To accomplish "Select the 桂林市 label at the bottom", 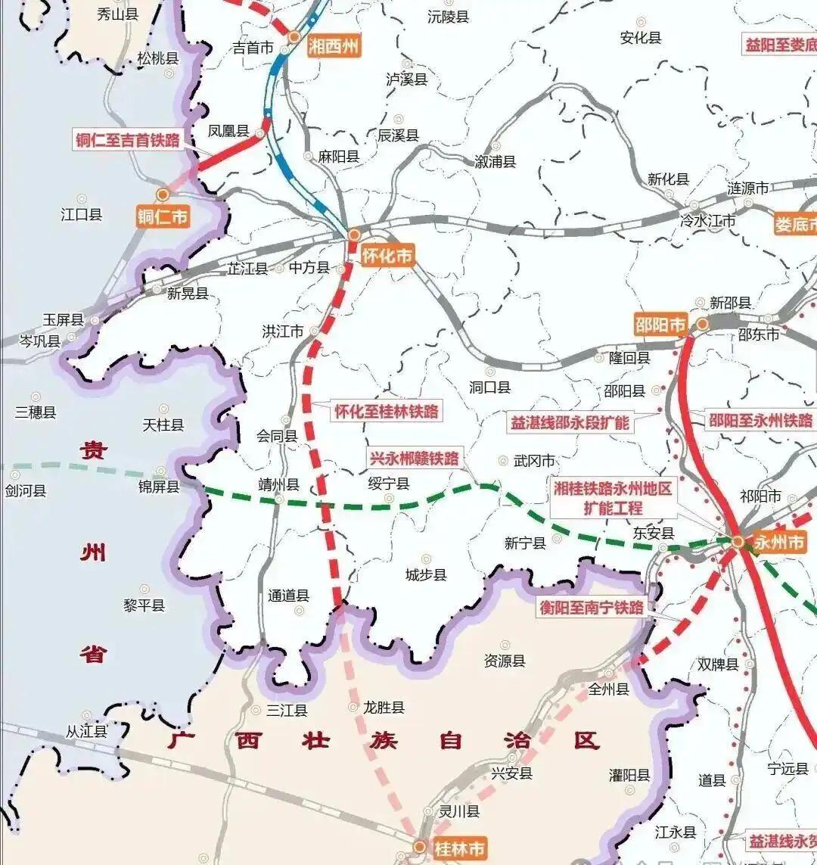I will click(459, 848).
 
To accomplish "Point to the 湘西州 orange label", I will click(334, 45).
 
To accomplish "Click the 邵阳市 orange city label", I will click(660, 325).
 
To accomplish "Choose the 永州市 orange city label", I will click(779, 543).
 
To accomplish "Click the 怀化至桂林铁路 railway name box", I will click(387, 411).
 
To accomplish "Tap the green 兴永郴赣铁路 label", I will click(414, 458).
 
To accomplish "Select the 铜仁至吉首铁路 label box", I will click(128, 139).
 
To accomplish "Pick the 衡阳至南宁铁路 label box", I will click(592, 607).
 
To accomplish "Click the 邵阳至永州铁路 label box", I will click(760, 421).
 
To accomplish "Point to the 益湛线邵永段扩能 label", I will click(570, 422).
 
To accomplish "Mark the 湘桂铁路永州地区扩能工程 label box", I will click(612, 498).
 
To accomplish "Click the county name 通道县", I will click(288, 596).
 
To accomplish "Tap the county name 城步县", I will click(426, 575).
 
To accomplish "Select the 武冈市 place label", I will click(534, 460).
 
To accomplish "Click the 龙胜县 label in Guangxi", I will click(384, 708).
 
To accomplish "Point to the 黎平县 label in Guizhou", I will click(144, 605).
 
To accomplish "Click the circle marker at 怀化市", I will click(354, 235).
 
